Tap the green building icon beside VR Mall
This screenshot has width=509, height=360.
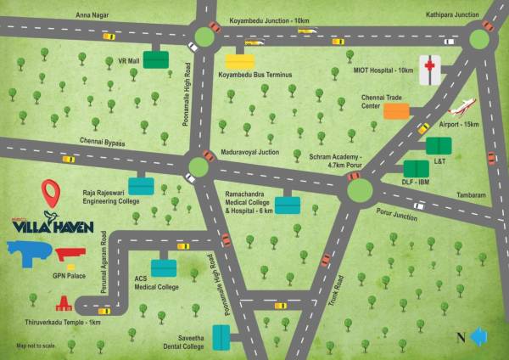tap(155, 59)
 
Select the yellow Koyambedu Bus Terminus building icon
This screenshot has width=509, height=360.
tap(239, 60)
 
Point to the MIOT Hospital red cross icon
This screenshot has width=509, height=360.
tap(432, 68)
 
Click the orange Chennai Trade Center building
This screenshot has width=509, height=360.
tap(396, 110)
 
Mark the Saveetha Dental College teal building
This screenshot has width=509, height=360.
tap(221, 337)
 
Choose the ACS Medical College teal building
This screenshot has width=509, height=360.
tap(164, 268)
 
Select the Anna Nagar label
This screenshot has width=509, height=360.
tap(92, 14)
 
